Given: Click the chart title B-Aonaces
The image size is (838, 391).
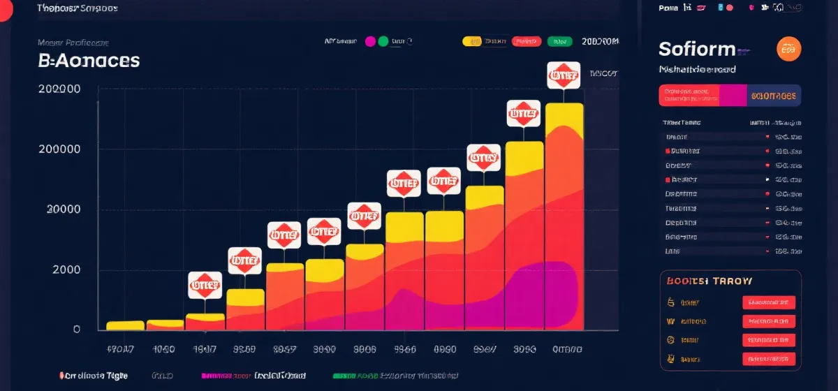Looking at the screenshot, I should click(x=89, y=61).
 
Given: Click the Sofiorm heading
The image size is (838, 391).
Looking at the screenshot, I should click(x=697, y=49).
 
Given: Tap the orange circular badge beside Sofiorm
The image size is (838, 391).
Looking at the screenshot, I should click(x=789, y=49).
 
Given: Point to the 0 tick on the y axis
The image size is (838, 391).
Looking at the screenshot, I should click(x=76, y=329).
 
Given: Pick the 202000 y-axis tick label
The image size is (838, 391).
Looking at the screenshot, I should click(x=59, y=89).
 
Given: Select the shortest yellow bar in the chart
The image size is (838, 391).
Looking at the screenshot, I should click(x=125, y=325).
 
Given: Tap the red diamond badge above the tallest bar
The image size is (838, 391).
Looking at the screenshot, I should click(x=564, y=75).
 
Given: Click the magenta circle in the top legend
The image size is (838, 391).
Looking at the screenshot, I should click(x=370, y=41).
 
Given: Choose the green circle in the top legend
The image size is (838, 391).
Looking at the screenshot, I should click(x=383, y=41).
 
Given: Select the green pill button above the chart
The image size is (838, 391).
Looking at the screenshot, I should click(x=560, y=41).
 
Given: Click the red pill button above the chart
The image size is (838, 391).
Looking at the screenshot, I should click(x=527, y=41).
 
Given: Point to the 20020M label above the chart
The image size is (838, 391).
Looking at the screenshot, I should click(x=600, y=41).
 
